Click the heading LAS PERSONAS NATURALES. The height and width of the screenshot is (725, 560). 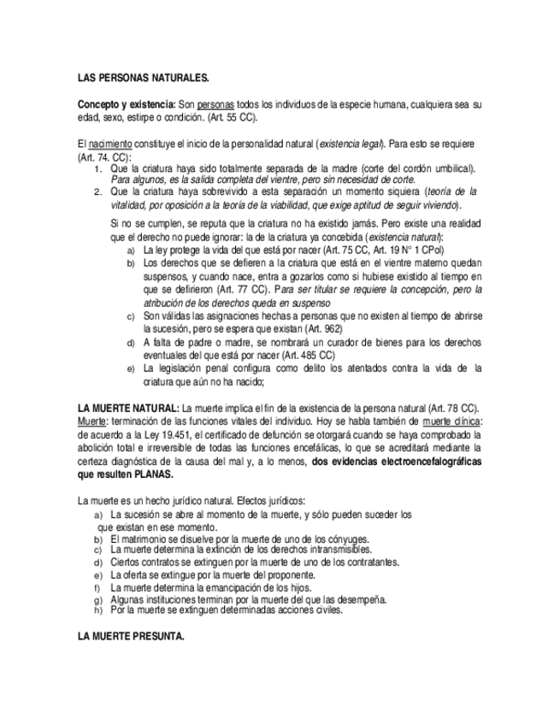[143, 79]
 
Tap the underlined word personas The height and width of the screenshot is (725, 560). [217, 104]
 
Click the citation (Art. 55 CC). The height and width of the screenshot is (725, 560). [233, 117]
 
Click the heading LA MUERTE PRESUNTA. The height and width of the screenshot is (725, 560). [131, 637]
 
